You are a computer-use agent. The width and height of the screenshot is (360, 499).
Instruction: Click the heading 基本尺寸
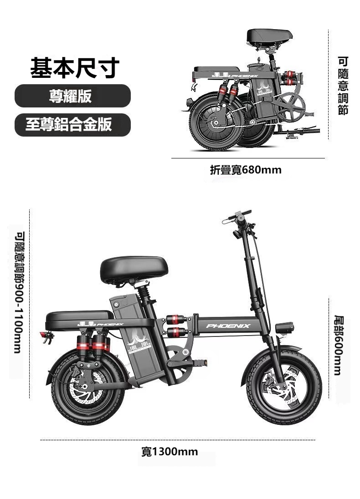pos(75,68)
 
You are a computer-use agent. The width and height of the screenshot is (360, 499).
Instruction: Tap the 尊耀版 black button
pos(72,96)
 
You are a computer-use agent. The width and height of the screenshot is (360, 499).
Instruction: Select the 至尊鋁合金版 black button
pos(72,125)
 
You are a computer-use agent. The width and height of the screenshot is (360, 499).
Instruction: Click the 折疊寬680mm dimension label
pos(246,170)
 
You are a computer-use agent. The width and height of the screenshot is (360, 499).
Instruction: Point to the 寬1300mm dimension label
pos(170,452)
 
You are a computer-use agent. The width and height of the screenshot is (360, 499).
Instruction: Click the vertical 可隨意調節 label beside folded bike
pos(343,86)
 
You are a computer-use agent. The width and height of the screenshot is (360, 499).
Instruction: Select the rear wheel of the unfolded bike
pos(88,387)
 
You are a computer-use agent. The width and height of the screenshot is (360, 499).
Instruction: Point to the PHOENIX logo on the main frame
pos(228,326)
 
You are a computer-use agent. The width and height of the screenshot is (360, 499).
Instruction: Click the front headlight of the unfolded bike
pos(284,327)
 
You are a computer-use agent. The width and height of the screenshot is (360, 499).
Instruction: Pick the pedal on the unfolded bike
pos(199,362)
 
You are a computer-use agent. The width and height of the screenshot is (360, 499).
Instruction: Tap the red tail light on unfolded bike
pos(43,335)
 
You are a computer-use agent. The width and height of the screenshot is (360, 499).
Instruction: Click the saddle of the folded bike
pos(269,36)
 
